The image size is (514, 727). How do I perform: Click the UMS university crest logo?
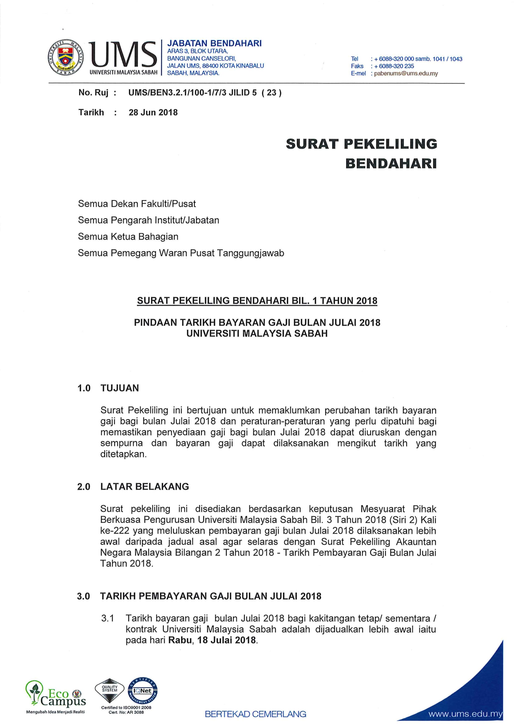(66, 57)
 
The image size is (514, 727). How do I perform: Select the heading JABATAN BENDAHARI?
(214, 43)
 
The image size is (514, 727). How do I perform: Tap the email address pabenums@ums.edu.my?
(406, 73)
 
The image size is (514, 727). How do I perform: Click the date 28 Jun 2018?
(153, 113)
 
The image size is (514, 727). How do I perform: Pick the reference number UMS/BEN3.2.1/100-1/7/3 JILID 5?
(192, 92)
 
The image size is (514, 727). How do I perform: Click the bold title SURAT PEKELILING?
(361, 144)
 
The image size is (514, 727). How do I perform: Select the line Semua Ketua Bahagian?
(128, 237)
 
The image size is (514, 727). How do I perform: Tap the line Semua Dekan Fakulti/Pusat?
(137, 204)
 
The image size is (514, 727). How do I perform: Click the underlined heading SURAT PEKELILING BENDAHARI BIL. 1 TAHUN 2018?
(257, 301)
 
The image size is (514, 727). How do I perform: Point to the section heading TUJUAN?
(120, 388)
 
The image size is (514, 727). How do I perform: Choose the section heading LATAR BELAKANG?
(145, 486)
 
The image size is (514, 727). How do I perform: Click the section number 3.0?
(84, 596)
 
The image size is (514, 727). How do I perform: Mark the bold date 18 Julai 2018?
(227, 640)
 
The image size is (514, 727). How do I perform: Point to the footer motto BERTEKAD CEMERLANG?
(255, 714)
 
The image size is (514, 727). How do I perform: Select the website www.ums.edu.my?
(465, 714)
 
